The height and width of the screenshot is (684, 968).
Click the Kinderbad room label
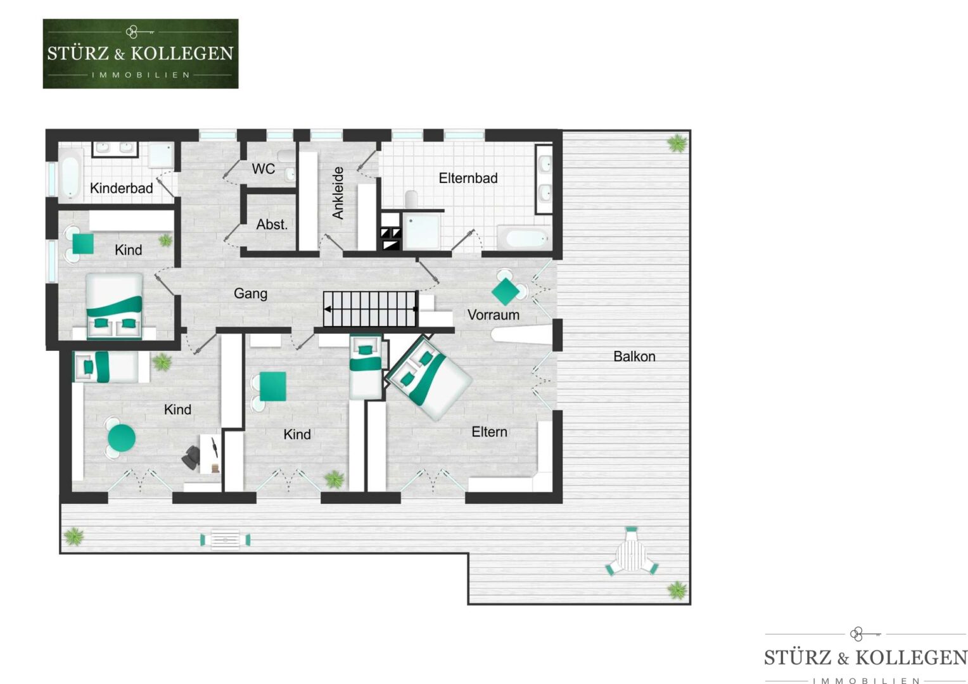pyautogui.click(x=122, y=188)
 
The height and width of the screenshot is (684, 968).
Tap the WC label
pyautogui.click(x=263, y=168)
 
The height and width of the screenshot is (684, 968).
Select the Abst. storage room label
pyautogui.click(x=272, y=224)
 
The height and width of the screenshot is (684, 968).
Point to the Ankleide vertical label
pyautogui.click(x=338, y=193)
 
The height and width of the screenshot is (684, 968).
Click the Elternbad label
pyautogui.click(x=468, y=178)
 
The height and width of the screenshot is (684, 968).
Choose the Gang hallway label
pyautogui.click(x=251, y=294)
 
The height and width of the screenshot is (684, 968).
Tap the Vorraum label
pyautogui.click(x=493, y=315)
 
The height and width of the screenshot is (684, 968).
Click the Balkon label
pyautogui.click(x=634, y=357)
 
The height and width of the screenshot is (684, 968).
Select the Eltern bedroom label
pyautogui.click(x=489, y=432)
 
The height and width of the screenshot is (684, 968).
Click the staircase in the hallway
pyautogui.click(x=371, y=308)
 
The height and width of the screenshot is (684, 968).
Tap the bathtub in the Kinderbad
pyautogui.click(x=70, y=174)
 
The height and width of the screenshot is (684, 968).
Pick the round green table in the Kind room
pyautogui.click(x=122, y=438)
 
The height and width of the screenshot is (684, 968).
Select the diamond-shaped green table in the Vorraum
pyautogui.click(x=506, y=292)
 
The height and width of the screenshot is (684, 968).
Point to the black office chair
pyautogui.click(x=191, y=458)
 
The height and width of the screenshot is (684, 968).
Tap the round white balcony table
pyautogui.click(x=632, y=555)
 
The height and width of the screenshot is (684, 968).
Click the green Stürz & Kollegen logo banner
pyautogui.click(x=141, y=54)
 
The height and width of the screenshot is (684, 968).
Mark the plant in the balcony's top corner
pyautogui.click(x=677, y=143)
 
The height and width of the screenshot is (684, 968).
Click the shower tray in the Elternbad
pyautogui.click(x=421, y=231)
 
